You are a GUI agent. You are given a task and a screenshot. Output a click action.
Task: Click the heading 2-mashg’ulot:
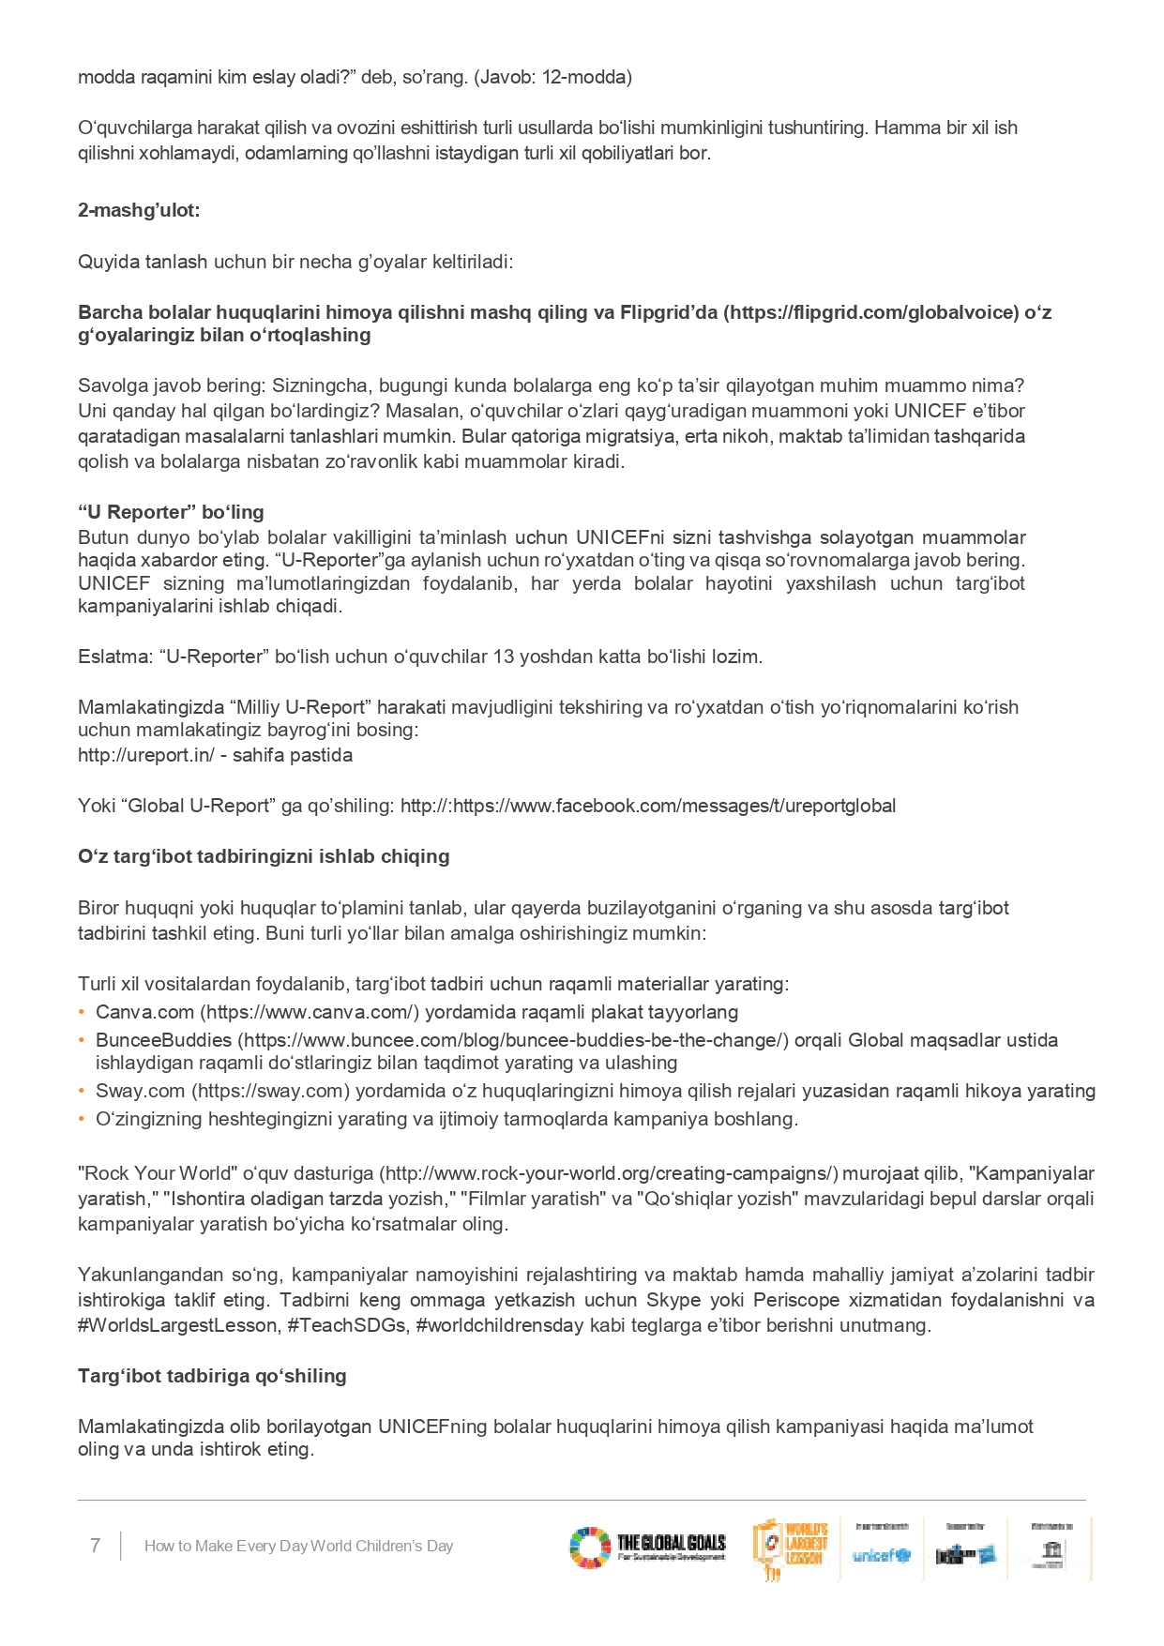139,210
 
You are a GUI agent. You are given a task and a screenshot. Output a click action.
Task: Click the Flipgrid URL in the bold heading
870,312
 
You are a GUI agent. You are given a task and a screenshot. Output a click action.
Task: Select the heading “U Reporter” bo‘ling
171,512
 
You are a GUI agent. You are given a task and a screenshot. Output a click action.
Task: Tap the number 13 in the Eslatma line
504,657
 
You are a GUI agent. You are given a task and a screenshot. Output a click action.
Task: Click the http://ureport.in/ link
146,755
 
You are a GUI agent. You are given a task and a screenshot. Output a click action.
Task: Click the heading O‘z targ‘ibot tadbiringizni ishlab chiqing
264,856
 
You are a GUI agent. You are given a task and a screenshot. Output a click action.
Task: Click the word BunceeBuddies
163,1040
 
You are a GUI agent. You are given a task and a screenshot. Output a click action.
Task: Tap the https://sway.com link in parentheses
271,1091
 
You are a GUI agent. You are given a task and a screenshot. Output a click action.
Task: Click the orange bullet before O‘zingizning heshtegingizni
83,1119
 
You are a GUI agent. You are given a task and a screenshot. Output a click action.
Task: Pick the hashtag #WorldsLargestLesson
178,1325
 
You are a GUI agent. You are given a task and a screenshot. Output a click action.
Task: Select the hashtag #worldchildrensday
500,1325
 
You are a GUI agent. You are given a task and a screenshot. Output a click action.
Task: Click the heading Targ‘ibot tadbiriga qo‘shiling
212,1376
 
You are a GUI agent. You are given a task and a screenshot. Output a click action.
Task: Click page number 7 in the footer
95,1546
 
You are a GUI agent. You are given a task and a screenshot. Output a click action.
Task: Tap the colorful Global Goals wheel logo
589,1548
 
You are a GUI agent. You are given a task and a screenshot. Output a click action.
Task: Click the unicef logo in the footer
881,1555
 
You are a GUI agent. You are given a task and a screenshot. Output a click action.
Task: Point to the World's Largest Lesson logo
792,1548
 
